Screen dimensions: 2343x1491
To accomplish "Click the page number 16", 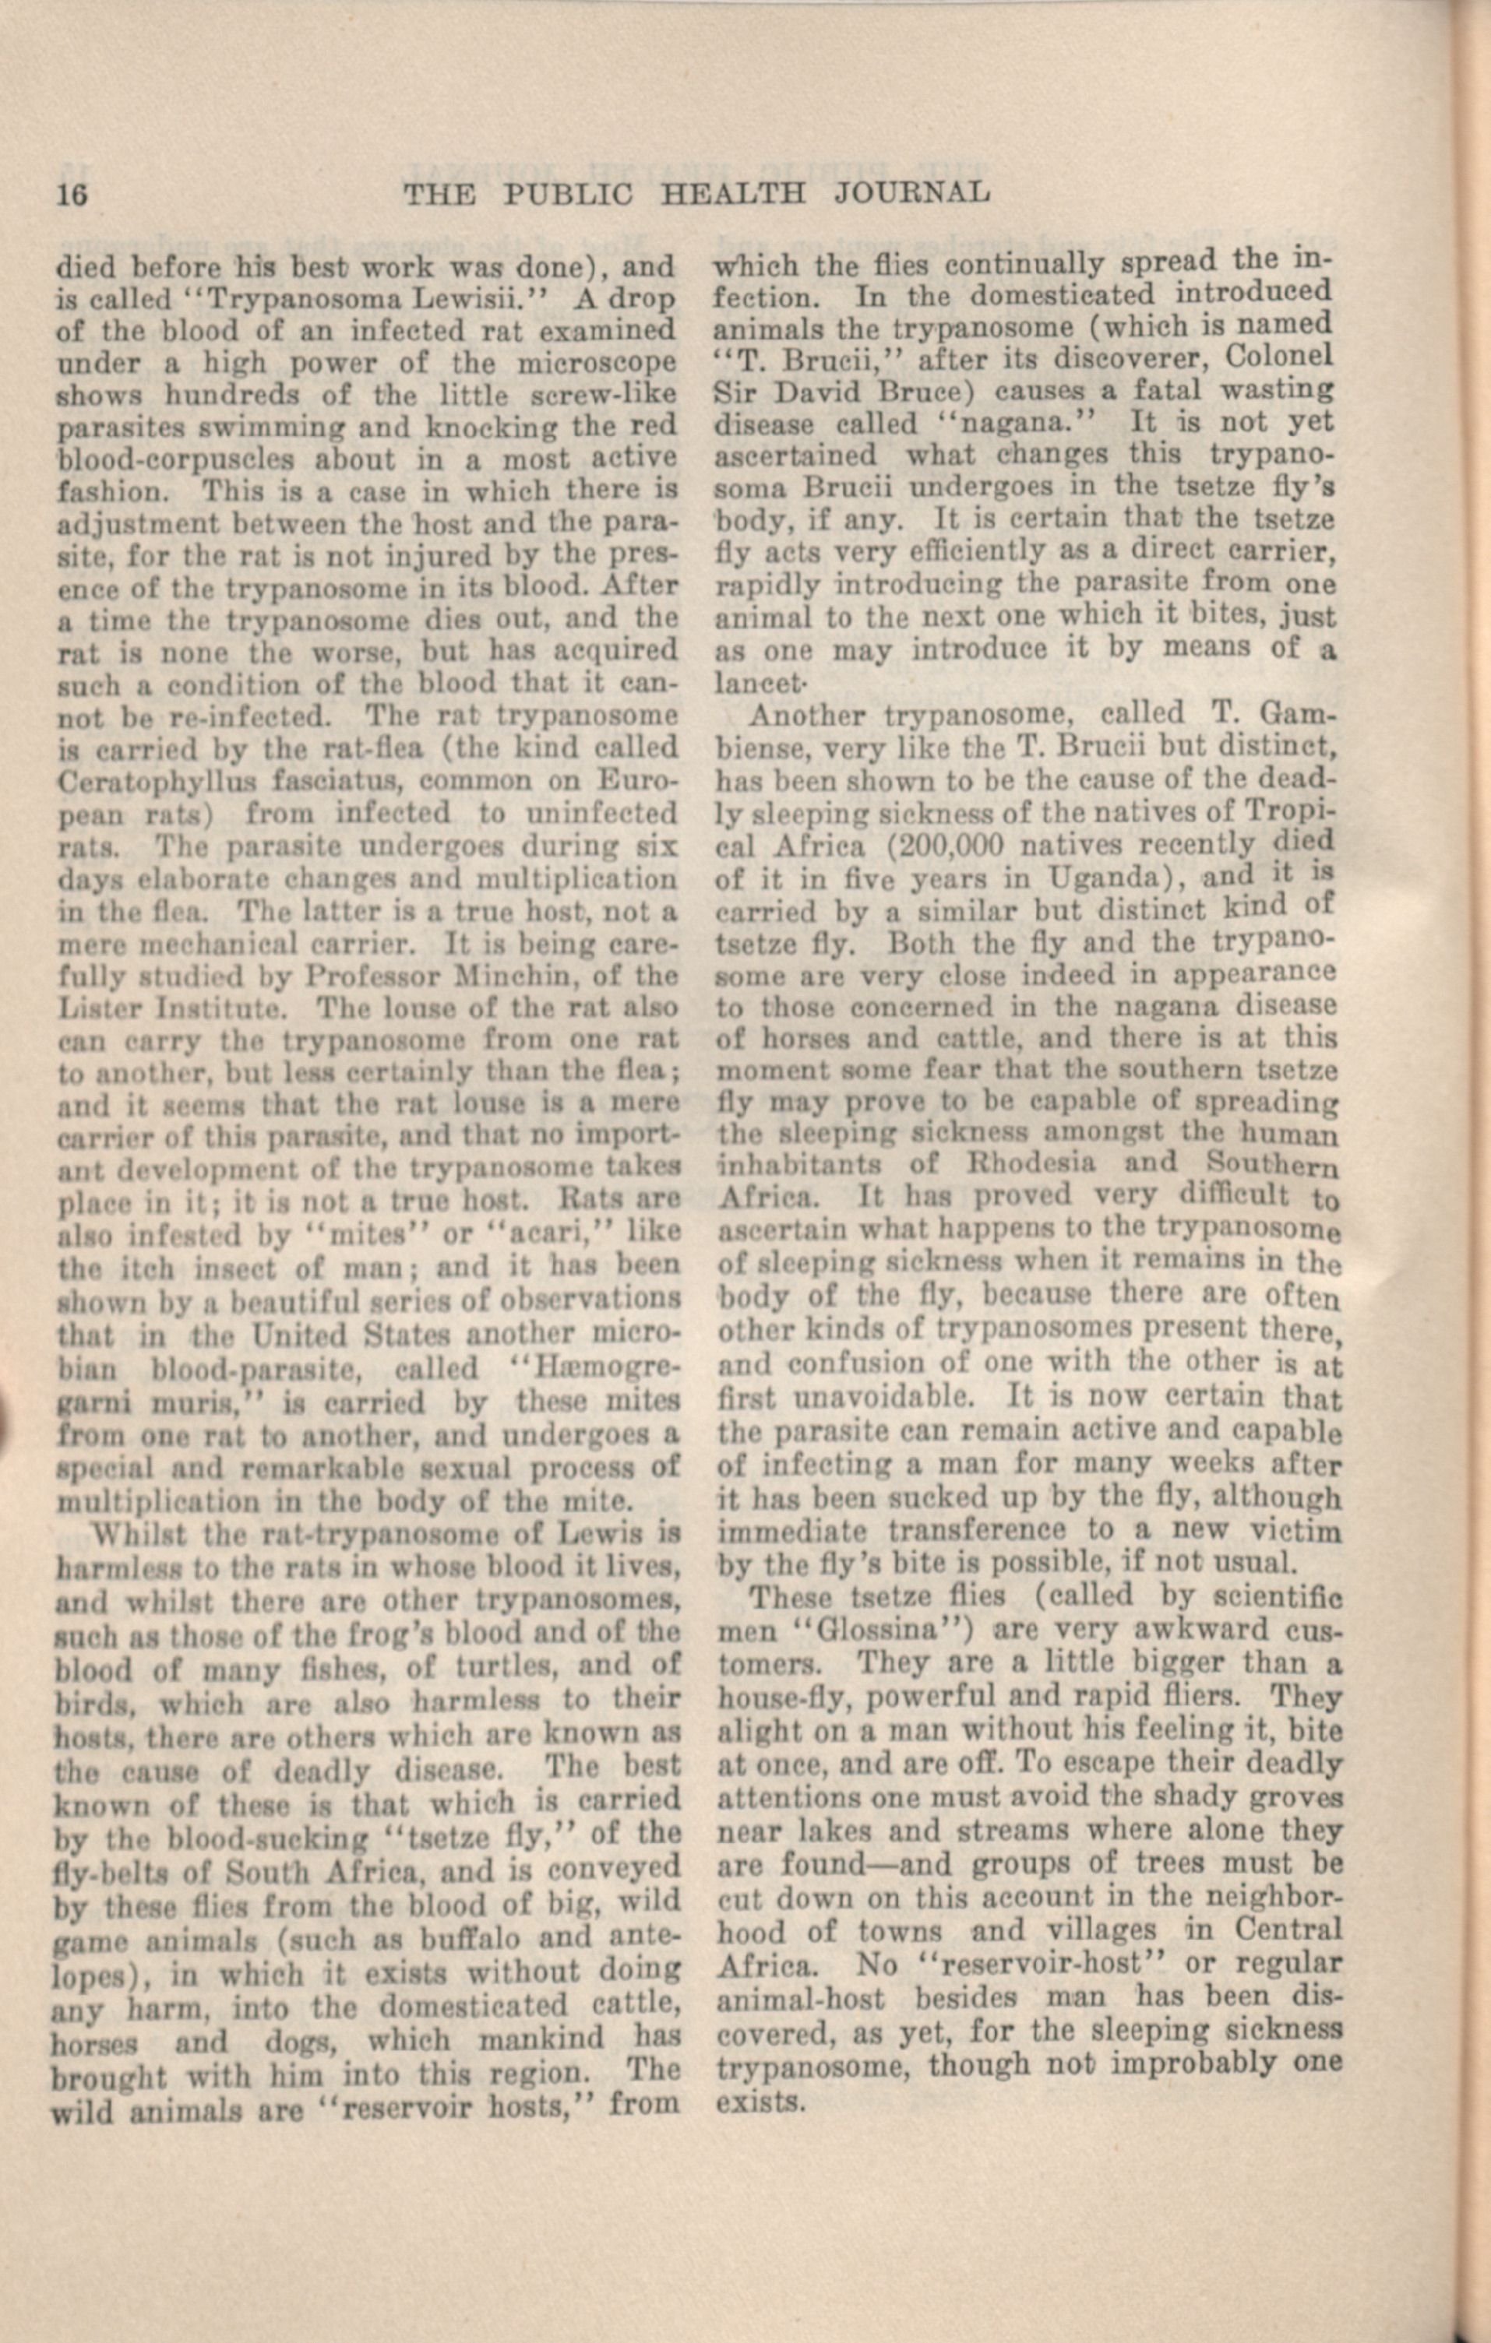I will [72, 195].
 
